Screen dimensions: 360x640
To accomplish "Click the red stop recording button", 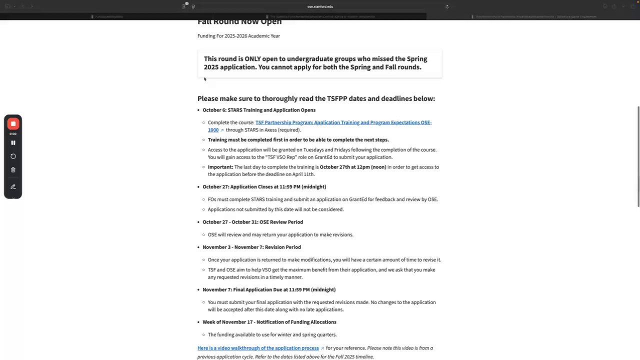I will pos(13,123).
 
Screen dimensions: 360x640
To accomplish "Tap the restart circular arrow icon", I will pos(13,156).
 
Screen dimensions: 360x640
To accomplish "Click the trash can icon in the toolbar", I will pos(13,170).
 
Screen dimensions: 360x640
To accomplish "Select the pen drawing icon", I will pos(13,186).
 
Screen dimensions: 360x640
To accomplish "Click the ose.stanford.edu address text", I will pos(320,6).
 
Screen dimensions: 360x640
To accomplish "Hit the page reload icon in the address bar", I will pos(447,6).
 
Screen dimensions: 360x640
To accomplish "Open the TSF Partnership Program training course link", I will pos(343,122).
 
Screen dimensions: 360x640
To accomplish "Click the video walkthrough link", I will pos(258,348).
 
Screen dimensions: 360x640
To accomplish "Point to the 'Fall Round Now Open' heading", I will pos(239,21).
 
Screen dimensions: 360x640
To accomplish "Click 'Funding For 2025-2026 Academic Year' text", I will pos(238,36).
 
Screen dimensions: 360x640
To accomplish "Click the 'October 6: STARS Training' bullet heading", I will pos(259,110).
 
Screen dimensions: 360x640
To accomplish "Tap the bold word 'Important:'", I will pos(220,167).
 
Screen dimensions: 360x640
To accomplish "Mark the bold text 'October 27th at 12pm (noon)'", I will pos(353,167).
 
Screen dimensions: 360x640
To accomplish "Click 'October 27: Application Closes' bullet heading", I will pos(264,186).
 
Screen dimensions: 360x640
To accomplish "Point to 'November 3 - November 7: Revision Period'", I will pos(251,247).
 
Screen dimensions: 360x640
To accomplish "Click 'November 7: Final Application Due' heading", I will pos(269,289).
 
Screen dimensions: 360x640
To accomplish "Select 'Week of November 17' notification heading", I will pos(269,322).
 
